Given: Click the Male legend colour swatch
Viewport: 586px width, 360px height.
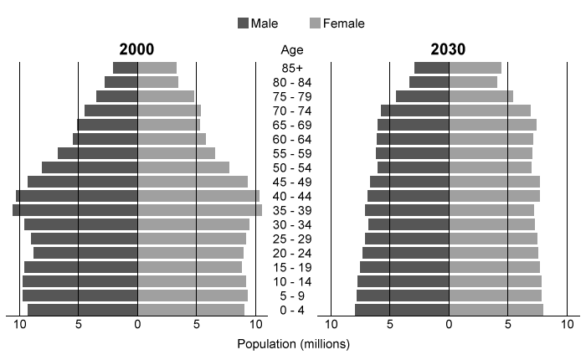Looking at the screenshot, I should coord(244,23).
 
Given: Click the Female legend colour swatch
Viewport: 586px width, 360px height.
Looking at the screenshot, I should coord(316,23).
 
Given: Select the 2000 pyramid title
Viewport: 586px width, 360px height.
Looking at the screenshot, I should coord(137,49).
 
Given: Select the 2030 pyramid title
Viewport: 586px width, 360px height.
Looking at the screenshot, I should coord(449,49).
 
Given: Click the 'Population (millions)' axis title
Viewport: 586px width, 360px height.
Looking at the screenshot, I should coord(293,344).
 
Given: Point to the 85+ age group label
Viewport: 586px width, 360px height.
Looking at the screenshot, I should coord(292,68).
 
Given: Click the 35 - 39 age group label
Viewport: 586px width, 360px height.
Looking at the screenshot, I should coord(292,210).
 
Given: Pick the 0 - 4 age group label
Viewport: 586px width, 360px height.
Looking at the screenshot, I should coord(292,310).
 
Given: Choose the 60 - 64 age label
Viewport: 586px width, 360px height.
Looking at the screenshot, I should coord(292,139).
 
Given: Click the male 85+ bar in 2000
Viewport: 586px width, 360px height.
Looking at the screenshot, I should coord(126,68).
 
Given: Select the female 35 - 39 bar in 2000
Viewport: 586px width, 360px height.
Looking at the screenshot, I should coord(199,210).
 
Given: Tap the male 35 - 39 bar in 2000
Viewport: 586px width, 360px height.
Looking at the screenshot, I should coord(75,210).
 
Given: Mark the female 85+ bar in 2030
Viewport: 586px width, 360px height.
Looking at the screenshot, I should coord(475,68).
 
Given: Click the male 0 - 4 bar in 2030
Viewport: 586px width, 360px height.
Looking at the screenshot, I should coord(402,310).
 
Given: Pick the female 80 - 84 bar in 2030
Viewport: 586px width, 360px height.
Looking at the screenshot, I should coord(473,82).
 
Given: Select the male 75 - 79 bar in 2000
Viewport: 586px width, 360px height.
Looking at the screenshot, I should coord(117,96).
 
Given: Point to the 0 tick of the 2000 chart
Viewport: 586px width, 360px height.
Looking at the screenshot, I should coord(137,324).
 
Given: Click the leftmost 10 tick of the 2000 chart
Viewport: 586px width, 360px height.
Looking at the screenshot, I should coord(19,324).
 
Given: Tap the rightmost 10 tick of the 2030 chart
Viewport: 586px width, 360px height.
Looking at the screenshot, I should coord(567,324).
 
